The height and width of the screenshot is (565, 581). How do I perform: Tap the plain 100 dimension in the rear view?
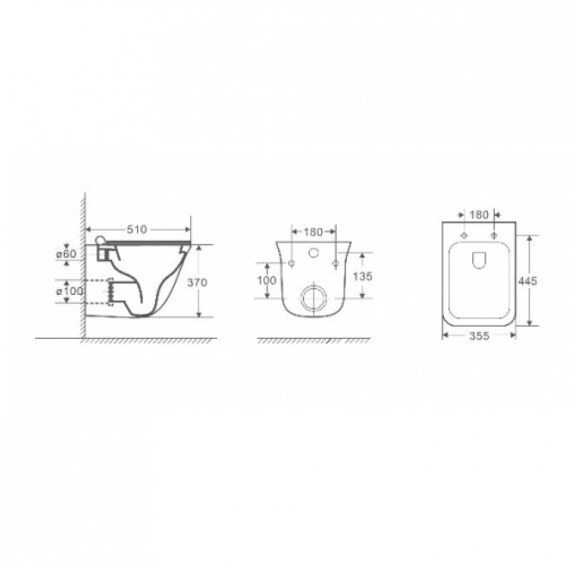click(266, 281)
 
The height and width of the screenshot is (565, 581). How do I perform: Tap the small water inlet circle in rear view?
click(314, 251)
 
